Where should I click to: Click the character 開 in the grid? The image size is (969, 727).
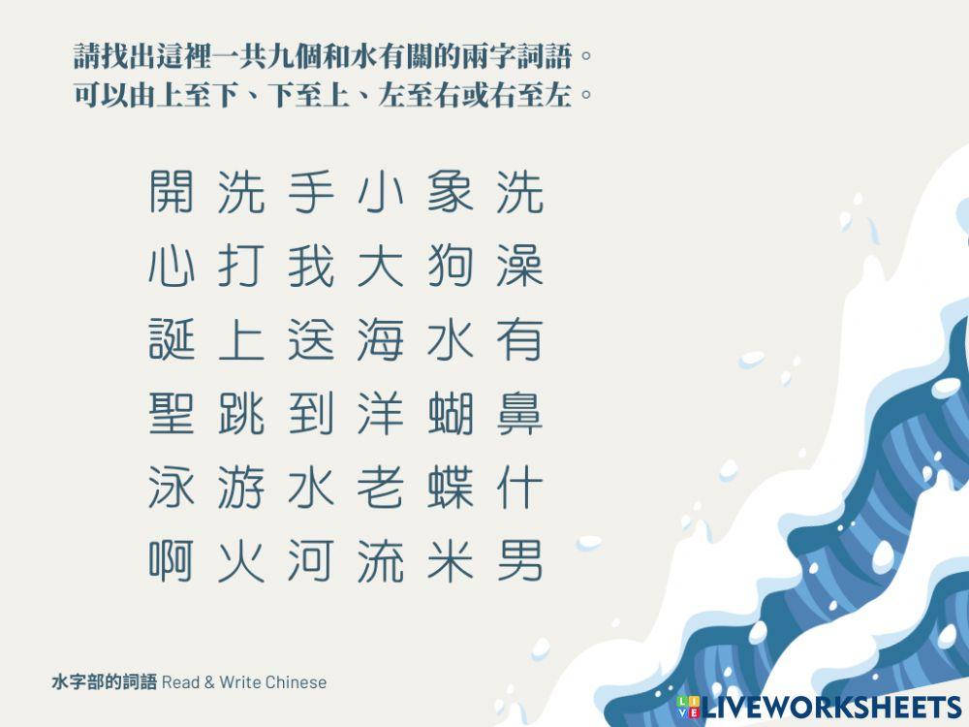[x=172, y=191]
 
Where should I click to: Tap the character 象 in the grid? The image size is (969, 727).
[x=450, y=191]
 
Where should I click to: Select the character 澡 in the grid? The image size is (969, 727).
[x=519, y=266]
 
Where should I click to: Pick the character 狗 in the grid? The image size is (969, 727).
[x=450, y=266]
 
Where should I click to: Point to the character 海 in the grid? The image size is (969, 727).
[x=380, y=340]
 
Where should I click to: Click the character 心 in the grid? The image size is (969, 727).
[x=172, y=266]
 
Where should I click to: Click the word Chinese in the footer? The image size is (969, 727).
[x=297, y=682]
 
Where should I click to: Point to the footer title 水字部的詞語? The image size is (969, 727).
[x=104, y=682]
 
